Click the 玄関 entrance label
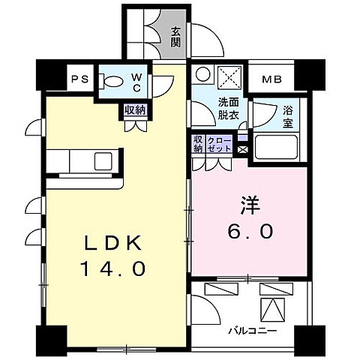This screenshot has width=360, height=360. click(175, 37)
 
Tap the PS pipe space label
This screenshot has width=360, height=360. click(80, 79)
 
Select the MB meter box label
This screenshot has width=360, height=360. click(272, 79)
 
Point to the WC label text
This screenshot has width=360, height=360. click(136, 82)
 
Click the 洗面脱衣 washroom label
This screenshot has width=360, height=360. click(229, 109)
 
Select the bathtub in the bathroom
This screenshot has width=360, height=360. click(276, 147)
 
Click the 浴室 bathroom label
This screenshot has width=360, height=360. click(288, 117)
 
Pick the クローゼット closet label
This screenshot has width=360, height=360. click(219, 144)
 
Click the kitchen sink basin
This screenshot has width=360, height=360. click(103, 161)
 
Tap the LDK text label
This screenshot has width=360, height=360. click(113, 244)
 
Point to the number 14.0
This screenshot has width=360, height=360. click(113, 268)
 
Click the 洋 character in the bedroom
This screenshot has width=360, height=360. click(250, 205)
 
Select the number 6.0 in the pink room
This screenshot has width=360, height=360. click(250, 231)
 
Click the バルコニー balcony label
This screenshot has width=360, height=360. click(253, 331)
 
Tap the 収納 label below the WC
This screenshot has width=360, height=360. click(135, 110)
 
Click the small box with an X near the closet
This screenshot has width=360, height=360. click(242, 149)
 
